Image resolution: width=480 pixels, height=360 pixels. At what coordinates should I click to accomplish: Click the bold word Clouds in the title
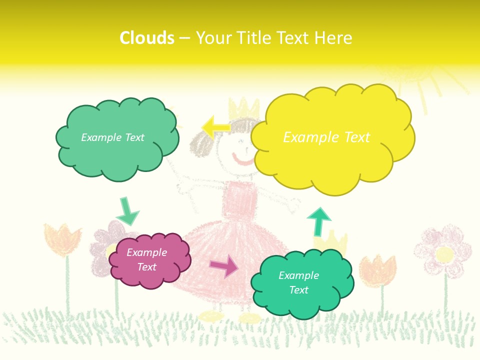coord(147,38)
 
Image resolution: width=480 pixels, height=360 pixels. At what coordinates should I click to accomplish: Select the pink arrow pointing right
coord(224,266)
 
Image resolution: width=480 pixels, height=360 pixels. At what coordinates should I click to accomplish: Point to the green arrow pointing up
coord(318,220)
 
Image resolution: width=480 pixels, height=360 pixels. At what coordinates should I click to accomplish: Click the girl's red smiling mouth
coord(243,161)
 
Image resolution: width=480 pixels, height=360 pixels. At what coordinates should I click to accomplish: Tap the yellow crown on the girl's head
coord(244,108)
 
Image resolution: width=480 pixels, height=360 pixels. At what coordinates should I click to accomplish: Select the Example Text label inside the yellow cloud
coord(326,137)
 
